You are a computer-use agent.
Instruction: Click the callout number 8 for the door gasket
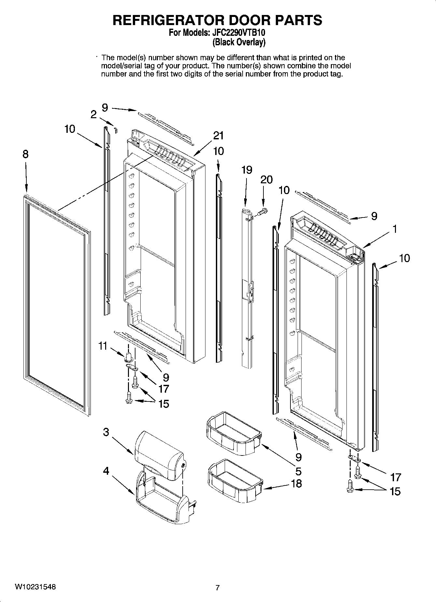coord(25,154)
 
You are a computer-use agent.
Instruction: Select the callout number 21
coord(218,135)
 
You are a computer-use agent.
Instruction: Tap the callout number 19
coord(247,170)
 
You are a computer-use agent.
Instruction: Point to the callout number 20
coord(266,179)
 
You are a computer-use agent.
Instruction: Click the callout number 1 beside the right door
coord(395,229)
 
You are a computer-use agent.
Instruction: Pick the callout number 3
coord(106,432)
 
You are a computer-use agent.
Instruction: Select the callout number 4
coord(106,471)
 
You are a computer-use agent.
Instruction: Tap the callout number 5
coord(298,471)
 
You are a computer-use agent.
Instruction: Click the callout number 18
coord(296,483)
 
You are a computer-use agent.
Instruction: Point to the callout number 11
coord(103,346)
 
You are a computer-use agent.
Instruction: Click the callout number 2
coord(93,114)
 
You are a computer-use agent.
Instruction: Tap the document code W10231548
coord(35,587)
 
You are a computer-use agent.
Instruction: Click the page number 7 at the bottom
coord(218,588)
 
